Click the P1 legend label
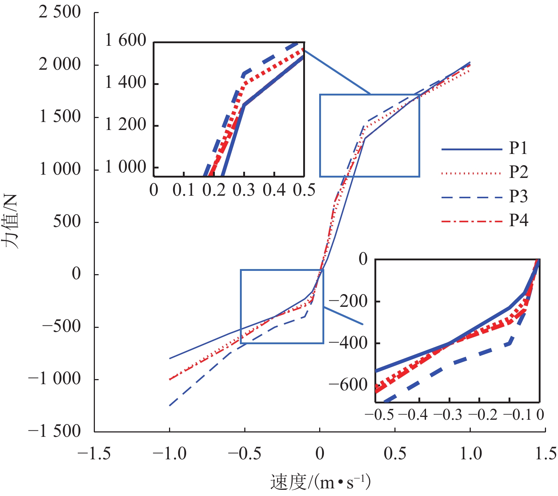point(518,148)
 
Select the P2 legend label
point(518,172)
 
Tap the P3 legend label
point(518,196)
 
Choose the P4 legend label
point(518,220)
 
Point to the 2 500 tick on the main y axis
point(60,12)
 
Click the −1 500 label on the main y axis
point(55,431)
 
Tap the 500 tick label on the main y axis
point(67,221)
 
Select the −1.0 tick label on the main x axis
point(169,454)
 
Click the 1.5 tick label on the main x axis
point(545,454)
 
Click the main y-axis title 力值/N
point(12,221)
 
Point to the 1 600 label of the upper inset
point(125,40)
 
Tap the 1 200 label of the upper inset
point(125,125)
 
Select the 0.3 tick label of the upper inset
point(244,190)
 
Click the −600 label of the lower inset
point(348,385)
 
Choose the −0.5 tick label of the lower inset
point(379,415)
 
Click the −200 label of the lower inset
point(348,301)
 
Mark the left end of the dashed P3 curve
point(170,405)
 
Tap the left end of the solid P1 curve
point(170,358)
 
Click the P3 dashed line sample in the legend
point(471,197)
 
